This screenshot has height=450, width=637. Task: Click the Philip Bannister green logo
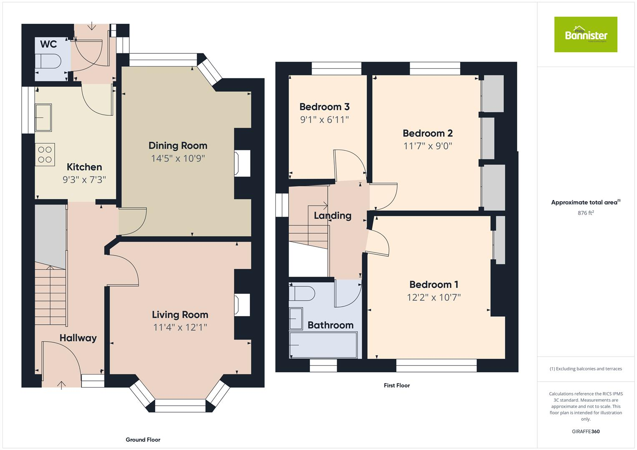click(x=585, y=35)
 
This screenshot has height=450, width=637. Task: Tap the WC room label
click(x=49, y=44)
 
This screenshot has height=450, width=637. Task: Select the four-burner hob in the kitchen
click(x=45, y=155)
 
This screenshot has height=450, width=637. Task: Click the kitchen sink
click(x=43, y=117)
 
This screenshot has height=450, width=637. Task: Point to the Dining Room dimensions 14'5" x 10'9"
click(x=178, y=158)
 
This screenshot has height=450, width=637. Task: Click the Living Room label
click(x=180, y=315)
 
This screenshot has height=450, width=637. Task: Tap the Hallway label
click(x=78, y=338)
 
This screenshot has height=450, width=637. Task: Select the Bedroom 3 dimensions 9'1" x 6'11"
click(x=324, y=120)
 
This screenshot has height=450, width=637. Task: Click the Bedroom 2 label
click(x=428, y=133)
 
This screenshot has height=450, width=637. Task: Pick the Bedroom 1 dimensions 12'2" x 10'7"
click(x=433, y=297)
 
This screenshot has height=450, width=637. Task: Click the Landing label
click(x=332, y=215)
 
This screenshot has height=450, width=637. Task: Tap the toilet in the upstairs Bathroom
click(x=302, y=293)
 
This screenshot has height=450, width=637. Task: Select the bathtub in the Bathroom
click(x=323, y=345)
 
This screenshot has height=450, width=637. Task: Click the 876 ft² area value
click(x=585, y=213)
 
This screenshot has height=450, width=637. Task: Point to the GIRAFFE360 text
click(x=585, y=431)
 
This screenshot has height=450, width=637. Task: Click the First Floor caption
click(x=397, y=385)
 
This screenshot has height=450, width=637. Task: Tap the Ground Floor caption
click(x=143, y=440)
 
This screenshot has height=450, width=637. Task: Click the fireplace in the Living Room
click(x=242, y=305)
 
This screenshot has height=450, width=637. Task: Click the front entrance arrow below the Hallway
click(x=61, y=385)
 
